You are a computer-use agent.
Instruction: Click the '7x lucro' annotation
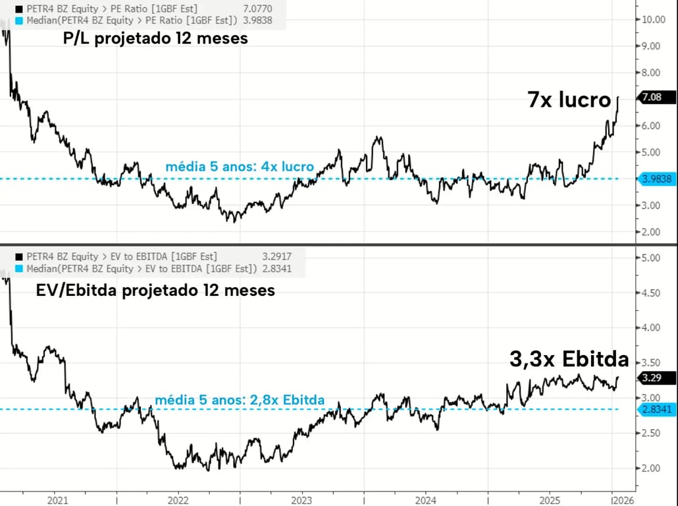[570, 100]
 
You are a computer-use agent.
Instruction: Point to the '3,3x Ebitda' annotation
[569, 360]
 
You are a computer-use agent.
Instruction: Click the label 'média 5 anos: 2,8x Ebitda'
[240, 399]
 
